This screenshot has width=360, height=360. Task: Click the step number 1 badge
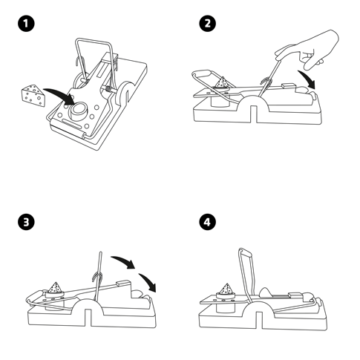click(26, 24)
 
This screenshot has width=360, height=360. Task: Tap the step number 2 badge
click(207, 24)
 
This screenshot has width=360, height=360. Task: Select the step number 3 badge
click(26, 222)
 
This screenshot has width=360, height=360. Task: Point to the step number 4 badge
click(207, 222)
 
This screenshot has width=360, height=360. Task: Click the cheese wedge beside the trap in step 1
click(33, 96)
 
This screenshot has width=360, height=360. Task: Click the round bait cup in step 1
click(79, 111)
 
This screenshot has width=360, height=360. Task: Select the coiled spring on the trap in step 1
click(108, 89)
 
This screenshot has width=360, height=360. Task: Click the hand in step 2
click(307, 50)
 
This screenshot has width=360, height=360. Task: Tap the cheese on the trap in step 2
click(222, 82)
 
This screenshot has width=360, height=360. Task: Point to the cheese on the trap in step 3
click(56, 288)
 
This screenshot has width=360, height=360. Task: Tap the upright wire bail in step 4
click(247, 275)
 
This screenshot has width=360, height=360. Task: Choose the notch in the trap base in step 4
click(259, 321)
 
